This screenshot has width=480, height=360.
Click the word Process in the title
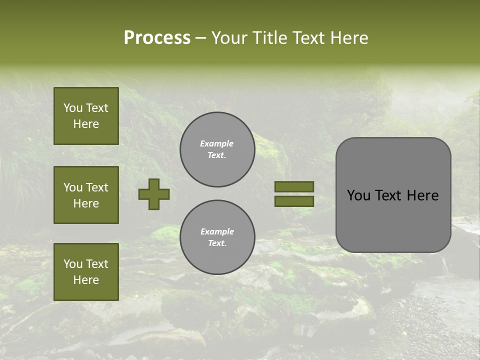157,38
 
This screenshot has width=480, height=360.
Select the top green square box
86,116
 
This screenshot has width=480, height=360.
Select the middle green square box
86,195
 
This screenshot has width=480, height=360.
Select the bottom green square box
86,272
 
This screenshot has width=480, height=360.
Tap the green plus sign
154,194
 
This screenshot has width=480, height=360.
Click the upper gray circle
217,149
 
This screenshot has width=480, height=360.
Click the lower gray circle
217,237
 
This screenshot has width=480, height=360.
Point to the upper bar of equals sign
294,186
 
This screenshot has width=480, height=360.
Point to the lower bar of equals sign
294,201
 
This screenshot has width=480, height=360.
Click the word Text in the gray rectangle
391,195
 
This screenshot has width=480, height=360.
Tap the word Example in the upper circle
217,144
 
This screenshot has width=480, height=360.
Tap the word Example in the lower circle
217,232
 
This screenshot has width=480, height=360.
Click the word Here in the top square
86,124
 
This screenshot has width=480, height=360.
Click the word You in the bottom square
73,264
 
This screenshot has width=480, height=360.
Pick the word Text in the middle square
97,187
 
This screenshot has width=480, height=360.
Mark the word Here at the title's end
350,38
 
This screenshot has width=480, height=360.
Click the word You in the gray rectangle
358,195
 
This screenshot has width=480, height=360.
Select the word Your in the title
230,38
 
